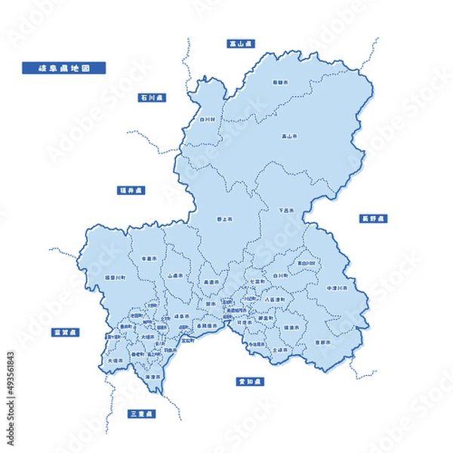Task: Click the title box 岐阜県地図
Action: click(64, 68)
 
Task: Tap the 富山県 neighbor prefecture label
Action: click(241, 44)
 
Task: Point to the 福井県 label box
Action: click(131, 190)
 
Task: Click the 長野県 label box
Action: click(372, 218)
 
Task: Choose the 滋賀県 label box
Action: click(66, 332)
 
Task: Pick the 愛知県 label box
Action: click(245, 381)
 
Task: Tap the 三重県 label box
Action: click(141, 414)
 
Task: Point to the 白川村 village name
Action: click(208, 119)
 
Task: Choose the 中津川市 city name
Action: click(336, 288)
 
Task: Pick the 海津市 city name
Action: click(153, 376)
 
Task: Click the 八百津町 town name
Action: click(274, 300)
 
